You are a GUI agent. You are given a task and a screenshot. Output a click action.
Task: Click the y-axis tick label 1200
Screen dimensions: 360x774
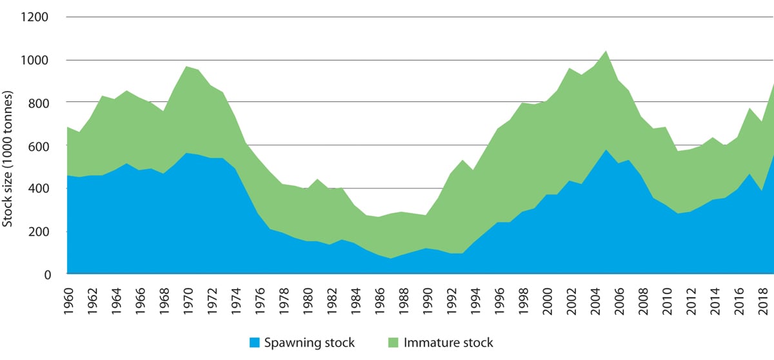(36, 17)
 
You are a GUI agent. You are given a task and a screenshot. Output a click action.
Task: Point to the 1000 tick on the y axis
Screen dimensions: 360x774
(36, 60)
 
